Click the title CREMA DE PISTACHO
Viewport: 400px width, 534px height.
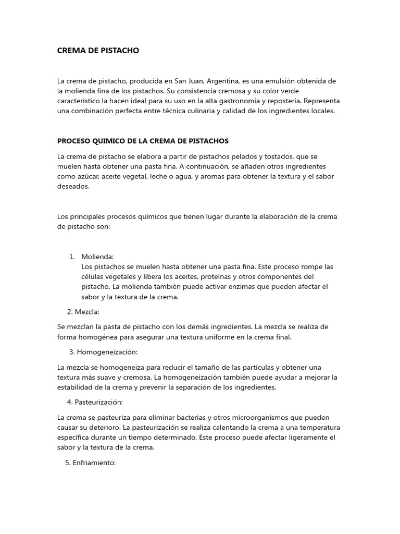tap(98, 51)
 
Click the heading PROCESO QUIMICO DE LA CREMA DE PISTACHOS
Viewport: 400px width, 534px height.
tap(143, 141)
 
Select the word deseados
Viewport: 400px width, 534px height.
tap(73, 186)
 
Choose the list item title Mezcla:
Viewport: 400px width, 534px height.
tap(87, 312)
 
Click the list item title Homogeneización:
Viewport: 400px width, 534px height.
tap(107, 352)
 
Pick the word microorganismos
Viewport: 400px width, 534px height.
tap(256, 418)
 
